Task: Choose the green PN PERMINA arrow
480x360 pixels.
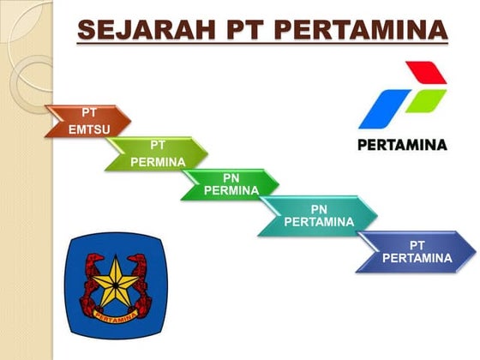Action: (231, 184)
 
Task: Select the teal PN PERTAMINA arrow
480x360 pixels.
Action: (318, 215)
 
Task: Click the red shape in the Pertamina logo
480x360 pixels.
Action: (425, 74)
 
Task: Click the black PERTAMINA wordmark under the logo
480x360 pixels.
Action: (401, 145)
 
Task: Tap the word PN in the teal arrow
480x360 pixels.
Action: (318, 208)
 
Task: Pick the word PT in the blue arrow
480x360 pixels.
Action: (417, 244)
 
